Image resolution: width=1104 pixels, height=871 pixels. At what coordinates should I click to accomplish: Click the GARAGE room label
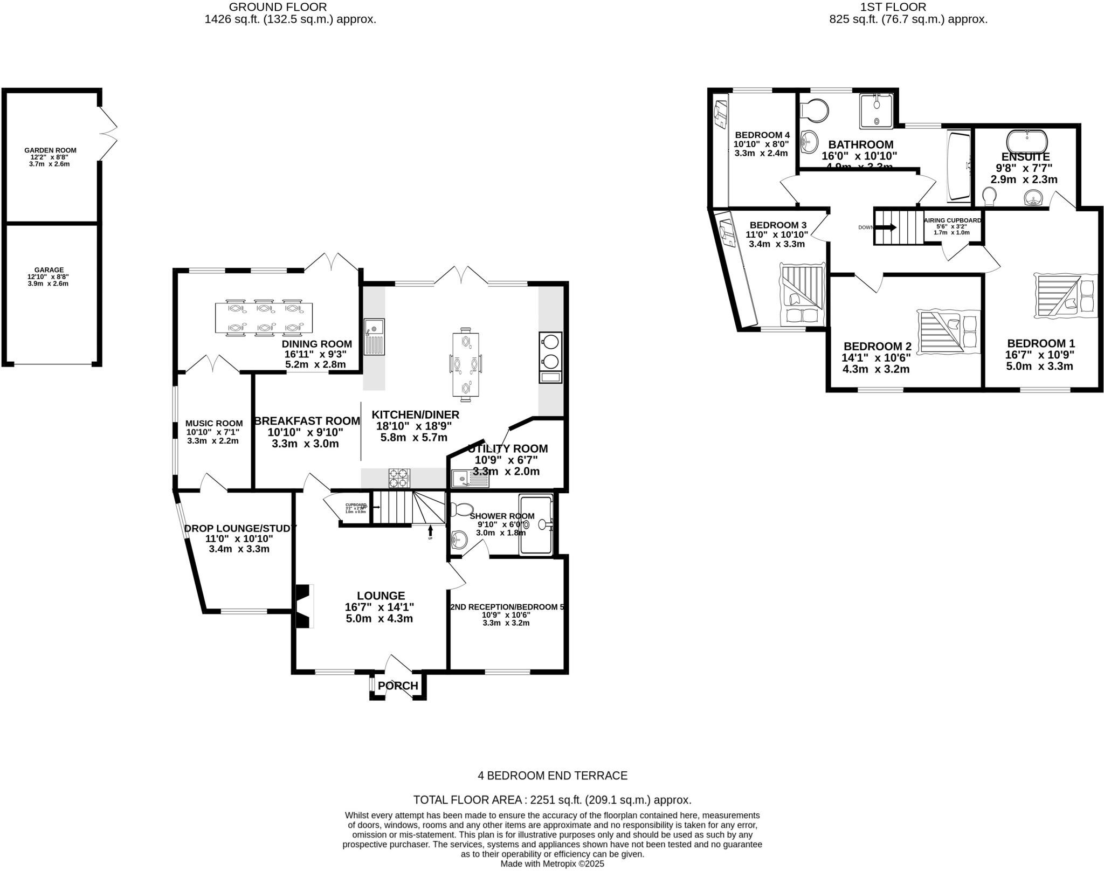tap(49, 270)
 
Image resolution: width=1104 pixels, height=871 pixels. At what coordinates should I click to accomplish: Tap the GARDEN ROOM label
tap(50, 150)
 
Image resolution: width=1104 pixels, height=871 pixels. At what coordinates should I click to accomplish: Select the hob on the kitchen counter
tap(399, 478)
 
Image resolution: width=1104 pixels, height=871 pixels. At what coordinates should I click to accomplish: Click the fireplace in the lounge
tap(303, 606)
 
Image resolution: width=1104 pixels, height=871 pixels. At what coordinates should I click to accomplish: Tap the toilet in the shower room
tap(461, 509)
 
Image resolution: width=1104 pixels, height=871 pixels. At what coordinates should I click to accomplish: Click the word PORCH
tap(398, 686)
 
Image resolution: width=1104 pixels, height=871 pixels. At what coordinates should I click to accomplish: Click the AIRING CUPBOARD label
tap(953, 220)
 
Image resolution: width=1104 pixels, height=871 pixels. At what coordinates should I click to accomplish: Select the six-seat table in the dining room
tap(264, 317)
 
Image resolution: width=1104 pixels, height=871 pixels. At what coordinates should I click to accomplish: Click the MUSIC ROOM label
tap(213, 424)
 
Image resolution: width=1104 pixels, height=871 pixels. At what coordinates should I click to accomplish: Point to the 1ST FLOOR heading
tap(908, 7)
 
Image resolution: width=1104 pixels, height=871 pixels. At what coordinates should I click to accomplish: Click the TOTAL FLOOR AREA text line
tap(552, 799)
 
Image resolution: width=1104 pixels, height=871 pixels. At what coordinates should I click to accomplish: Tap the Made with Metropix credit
tap(552, 863)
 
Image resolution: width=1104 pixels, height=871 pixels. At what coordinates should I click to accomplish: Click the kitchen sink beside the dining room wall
tap(374, 336)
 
